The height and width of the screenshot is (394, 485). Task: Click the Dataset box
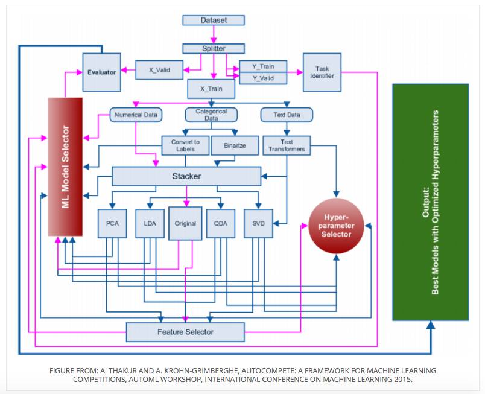pos(214,21)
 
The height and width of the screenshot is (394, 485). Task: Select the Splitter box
pos(214,48)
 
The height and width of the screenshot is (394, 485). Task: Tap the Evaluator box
pos(101,72)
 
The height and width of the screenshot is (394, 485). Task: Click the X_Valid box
pos(159,70)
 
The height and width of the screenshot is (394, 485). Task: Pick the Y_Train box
pos(263,66)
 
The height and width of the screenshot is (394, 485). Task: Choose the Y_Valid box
pos(263,78)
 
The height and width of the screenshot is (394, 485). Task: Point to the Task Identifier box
pos(322,72)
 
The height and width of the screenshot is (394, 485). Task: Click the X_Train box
pos(211,89)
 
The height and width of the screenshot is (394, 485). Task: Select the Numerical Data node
pos(136,115)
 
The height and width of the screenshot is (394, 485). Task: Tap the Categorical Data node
pos(211,115)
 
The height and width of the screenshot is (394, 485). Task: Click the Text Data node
pos(287,115)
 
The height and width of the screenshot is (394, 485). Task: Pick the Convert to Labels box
pos(185,145)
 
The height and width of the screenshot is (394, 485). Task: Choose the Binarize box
pos(235,145)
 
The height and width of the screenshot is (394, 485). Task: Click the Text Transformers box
pos(287,145)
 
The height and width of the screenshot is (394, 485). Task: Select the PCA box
pos(112,223)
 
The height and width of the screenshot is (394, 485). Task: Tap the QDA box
pos(221,223)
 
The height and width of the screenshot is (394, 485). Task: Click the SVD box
pos(258,223)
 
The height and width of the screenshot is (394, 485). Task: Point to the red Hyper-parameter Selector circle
pos(336,226)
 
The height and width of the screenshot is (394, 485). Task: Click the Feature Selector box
pos(185,332)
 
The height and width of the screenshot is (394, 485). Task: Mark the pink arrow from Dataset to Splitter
pos(214,34)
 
